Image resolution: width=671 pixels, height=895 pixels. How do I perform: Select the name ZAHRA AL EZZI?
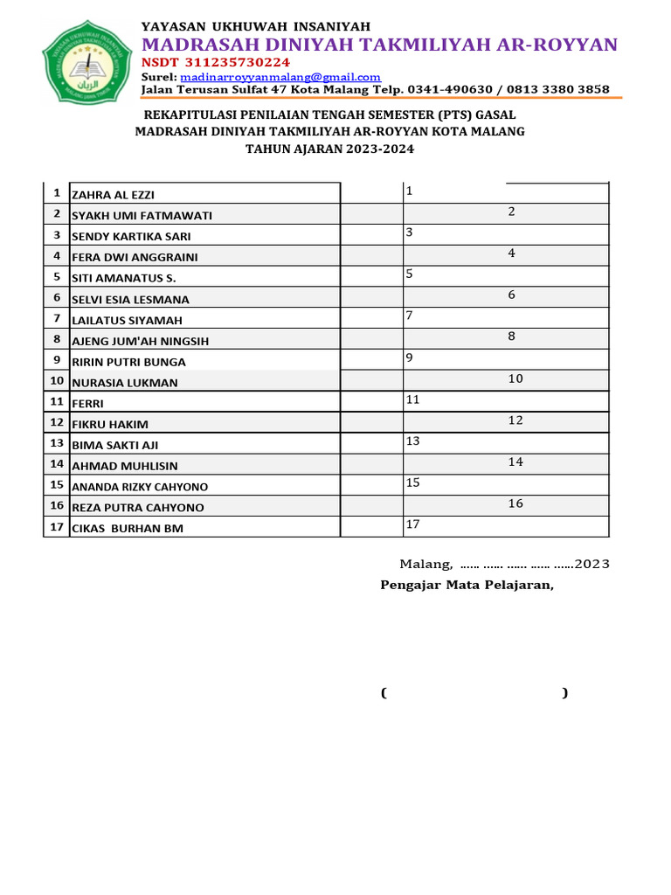click(113, 195)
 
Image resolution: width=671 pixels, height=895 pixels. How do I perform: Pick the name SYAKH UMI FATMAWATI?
click(142, 216)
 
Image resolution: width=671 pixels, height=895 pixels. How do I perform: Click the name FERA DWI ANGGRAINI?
click(135, 257)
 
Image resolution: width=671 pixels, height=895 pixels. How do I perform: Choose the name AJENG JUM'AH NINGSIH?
click(140, 341)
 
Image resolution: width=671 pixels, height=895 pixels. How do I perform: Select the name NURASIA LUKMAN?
click(124, 383)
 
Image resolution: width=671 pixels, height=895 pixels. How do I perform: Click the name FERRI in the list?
click(87, 404)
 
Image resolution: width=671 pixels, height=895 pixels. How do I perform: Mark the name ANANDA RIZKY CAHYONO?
click(140, 487)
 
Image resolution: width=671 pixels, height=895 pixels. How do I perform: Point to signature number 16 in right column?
click(515, 503)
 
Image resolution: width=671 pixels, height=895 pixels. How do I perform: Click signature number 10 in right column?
click(515, 378)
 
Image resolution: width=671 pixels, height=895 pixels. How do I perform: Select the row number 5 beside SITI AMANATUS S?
click(57, 277)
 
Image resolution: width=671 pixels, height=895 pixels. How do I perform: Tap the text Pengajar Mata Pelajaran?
click(467, 585)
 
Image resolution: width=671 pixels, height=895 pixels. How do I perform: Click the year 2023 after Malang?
click(591, 564)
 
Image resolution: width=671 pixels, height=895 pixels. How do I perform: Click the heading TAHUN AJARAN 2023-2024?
click(329, 149)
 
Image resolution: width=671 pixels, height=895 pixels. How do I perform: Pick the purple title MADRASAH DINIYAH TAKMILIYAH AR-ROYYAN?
click(379, 45)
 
